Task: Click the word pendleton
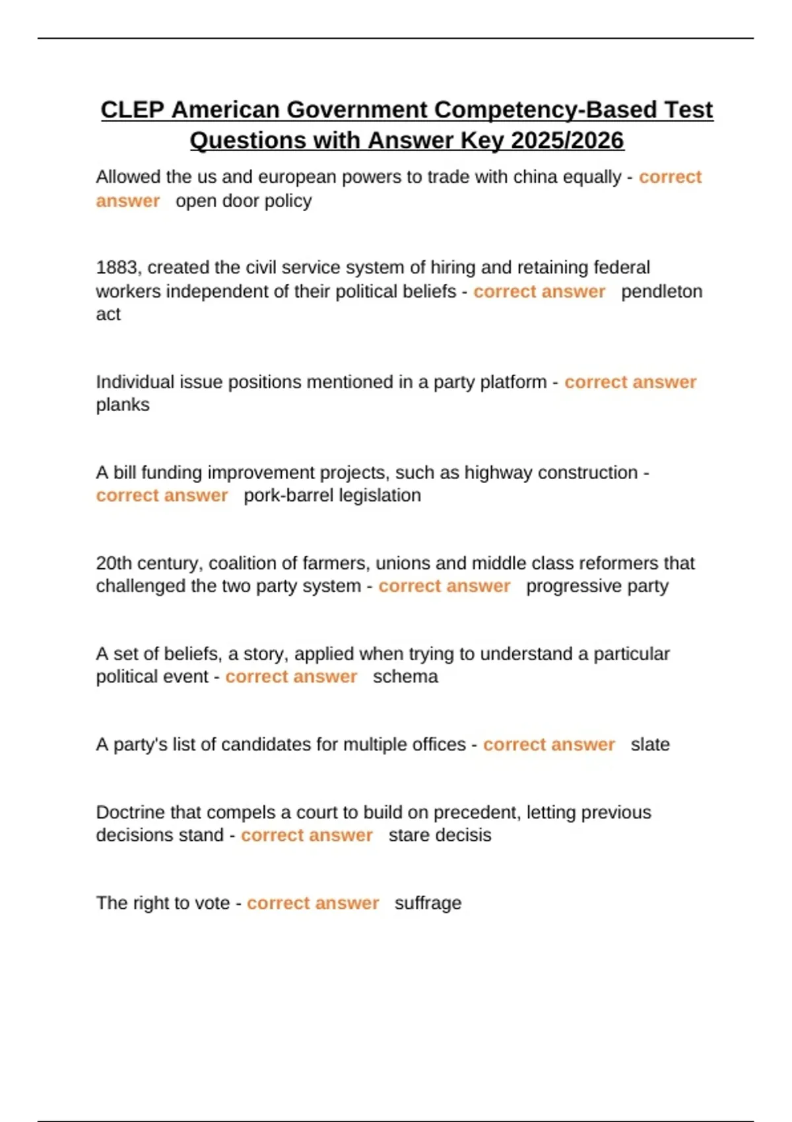tap(661, 291)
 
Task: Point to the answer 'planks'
tap(123, 405)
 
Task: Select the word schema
tap(405, 676)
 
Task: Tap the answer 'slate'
tap(650, 744)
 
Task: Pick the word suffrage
tap(428, 903)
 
